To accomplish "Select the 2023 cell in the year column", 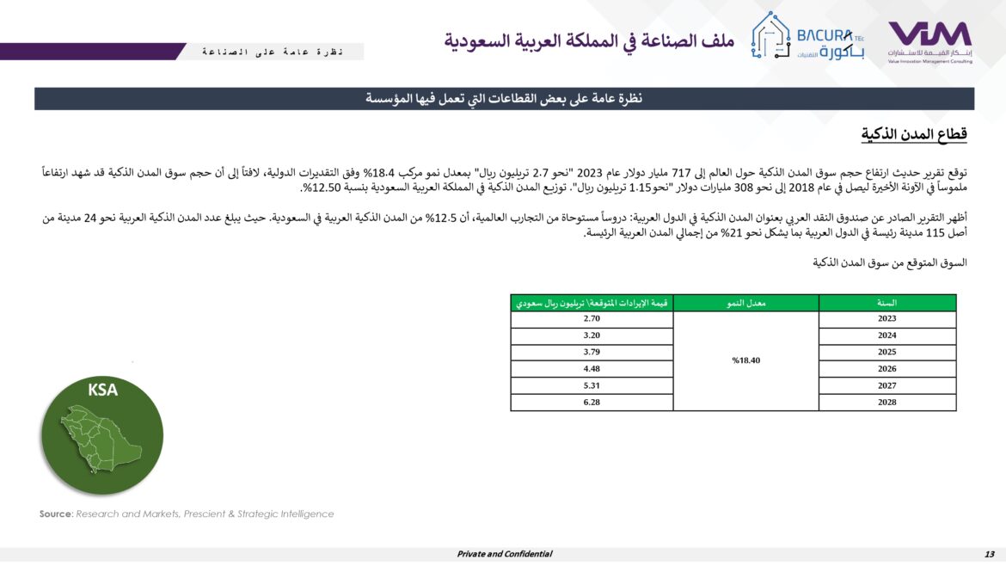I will (886, 319).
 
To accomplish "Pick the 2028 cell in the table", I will (886, 403).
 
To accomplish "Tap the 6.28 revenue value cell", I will (591, 403).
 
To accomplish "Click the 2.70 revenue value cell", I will (591, 319).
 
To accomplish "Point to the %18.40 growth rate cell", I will (745, 360).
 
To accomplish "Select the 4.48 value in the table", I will (591, 369).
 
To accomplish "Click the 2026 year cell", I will (886, 369).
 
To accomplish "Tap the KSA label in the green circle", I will (102, 390).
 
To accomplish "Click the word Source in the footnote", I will (55, 514).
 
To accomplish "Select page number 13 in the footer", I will (989, 554).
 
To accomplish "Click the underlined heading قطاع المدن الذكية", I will (915, 134).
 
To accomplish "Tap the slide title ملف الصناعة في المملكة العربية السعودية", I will (588, 40).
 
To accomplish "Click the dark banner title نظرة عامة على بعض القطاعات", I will (504, 99).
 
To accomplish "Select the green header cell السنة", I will (886, 303).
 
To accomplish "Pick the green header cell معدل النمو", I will (745, 303).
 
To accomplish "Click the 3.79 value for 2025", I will (591, 353).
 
